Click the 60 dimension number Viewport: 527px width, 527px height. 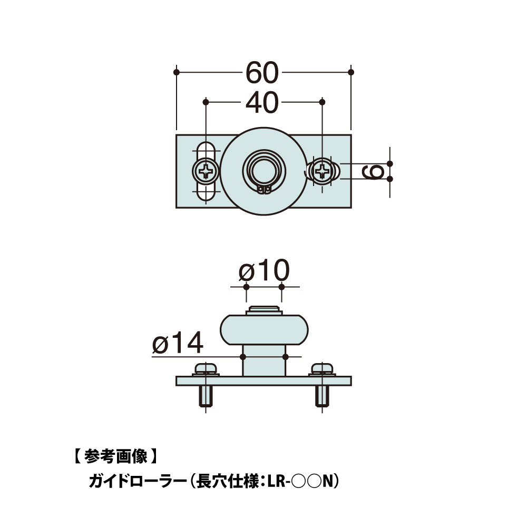pos(262,73)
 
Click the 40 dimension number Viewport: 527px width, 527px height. pos(262,102)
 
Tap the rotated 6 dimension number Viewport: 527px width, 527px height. pos(374,171)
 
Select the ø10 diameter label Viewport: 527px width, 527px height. pos(264,271)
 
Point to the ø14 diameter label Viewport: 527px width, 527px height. pos(178,344)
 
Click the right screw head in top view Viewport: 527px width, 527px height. pos(322,171)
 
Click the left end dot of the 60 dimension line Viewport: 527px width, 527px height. pos(176,72)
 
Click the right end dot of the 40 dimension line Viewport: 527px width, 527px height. pos(323,101)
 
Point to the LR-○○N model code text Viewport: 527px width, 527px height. pos(301,481)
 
